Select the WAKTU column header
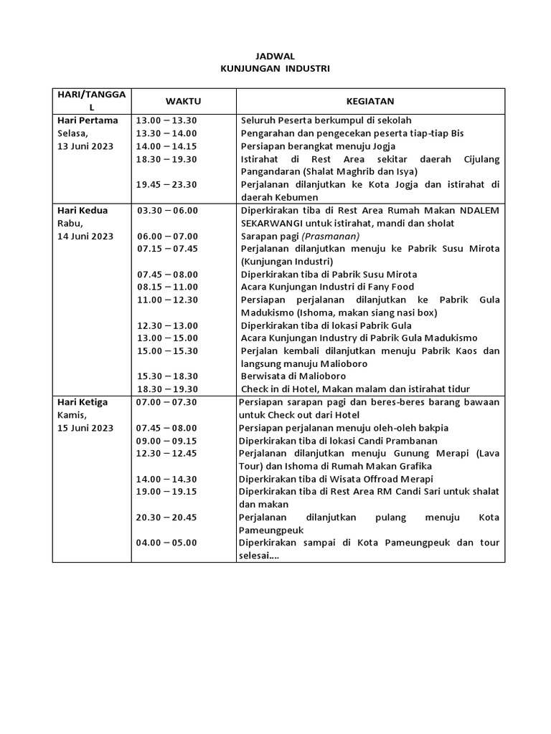tap(184, 101)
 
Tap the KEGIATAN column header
tap(370, 101)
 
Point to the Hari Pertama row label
tap(88, 120)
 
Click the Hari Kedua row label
tap(83, 210)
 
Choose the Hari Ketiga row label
tap(84, 402)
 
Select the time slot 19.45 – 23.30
tap(166, 184)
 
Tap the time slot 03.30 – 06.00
tap(167, 210)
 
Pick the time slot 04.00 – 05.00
tap(166, 543)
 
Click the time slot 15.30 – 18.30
tap(167, 376)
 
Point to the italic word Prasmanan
tap(331, 236)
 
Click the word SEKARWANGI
tap(271, 223)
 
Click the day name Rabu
tap(70, 223)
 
